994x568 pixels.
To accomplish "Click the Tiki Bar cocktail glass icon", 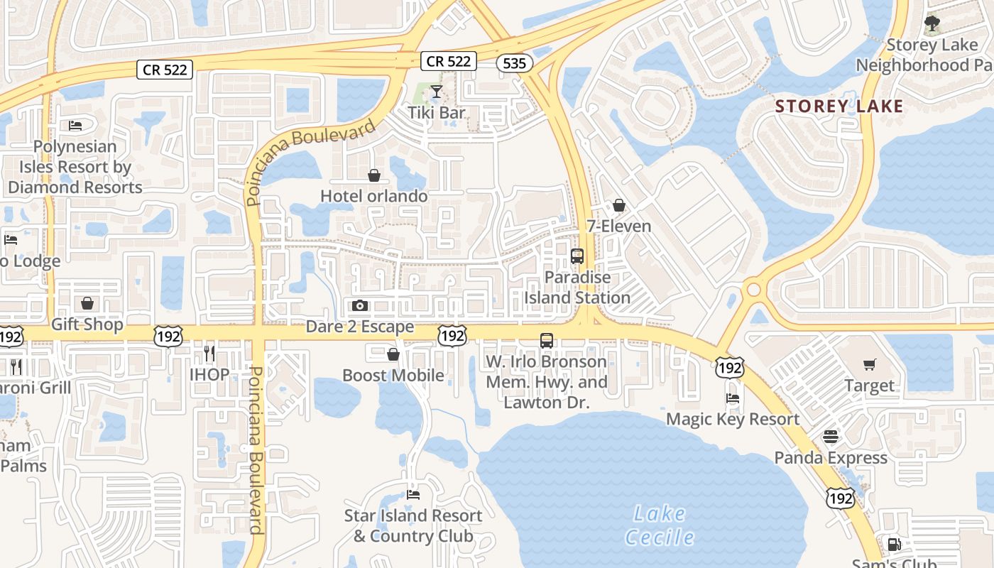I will (436, 92).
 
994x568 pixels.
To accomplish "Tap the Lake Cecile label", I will (660, 525).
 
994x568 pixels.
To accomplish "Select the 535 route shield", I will (514, 63).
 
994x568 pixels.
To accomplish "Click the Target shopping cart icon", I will (870, 365).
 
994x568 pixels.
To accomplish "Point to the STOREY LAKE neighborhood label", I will (839, 106).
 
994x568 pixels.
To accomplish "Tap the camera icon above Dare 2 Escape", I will (360, 305).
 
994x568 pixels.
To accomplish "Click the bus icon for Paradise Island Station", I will (577, 256).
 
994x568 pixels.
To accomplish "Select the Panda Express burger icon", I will (831, 437).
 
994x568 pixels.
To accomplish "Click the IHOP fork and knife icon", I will (209, 353).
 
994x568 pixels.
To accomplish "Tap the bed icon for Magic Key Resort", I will (733, 398).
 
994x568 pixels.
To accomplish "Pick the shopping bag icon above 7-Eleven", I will (619, 205).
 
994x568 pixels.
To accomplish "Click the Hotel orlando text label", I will (374, 196).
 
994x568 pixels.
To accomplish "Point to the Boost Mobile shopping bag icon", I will (393, 354).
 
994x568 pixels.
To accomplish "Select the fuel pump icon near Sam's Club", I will (895, 545).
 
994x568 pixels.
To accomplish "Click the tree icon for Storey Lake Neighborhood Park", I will (932, 23).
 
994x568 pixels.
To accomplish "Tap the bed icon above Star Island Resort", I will (413, 494).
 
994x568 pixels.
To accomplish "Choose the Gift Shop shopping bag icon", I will (87, 303).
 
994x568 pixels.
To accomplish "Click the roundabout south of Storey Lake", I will (752, 290).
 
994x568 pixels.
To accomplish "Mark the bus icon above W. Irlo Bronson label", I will (546, 340).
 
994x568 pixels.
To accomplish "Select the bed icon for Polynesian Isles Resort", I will (75, 126).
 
